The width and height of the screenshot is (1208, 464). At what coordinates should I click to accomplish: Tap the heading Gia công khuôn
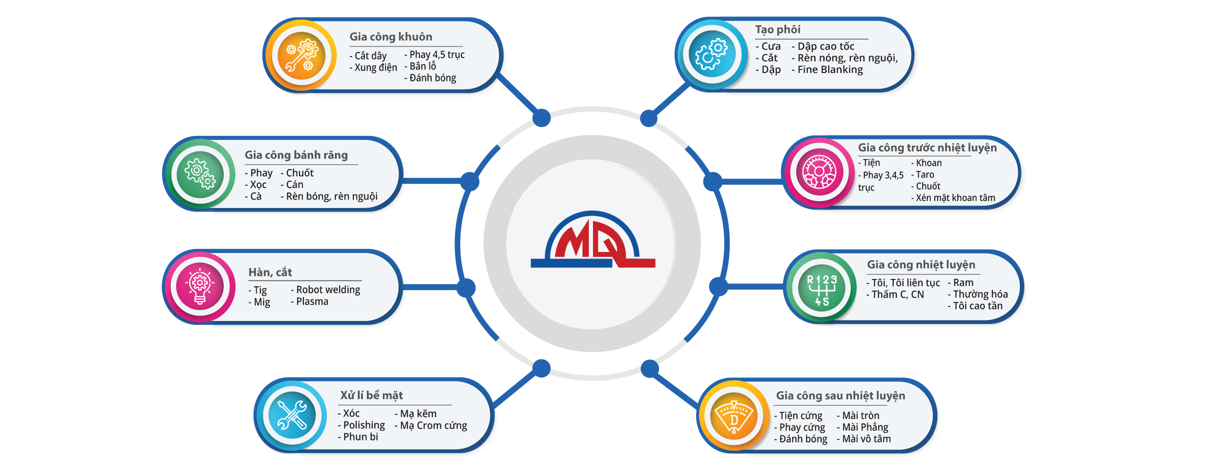390,37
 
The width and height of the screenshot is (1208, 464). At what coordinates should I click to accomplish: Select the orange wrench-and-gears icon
301,55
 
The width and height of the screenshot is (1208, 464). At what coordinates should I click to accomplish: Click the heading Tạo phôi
778,30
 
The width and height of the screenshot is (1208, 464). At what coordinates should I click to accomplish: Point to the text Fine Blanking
830,70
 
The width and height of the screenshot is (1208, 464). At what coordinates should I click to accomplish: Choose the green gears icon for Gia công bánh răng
200,174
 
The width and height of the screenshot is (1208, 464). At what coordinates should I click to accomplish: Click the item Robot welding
328,290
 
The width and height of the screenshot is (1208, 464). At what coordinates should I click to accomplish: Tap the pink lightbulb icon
200,286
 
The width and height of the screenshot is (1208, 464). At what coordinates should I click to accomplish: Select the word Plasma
312,302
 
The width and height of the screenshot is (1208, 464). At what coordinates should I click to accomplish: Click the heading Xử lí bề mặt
371,395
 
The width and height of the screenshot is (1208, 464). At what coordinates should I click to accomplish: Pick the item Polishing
364,425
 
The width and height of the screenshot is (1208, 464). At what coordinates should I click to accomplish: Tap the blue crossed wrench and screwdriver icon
292,415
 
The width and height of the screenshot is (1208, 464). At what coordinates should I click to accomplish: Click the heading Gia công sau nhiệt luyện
840,396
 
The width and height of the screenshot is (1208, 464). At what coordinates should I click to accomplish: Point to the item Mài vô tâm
866,439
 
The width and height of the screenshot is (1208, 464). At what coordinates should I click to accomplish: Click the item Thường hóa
980,294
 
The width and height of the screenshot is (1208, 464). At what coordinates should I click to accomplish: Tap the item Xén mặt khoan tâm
955,198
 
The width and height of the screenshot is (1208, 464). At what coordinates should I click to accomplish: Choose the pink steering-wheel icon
819,172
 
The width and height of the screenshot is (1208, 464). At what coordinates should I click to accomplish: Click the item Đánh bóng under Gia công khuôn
432,78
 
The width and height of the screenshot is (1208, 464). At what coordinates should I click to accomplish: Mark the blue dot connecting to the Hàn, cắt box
466,288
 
